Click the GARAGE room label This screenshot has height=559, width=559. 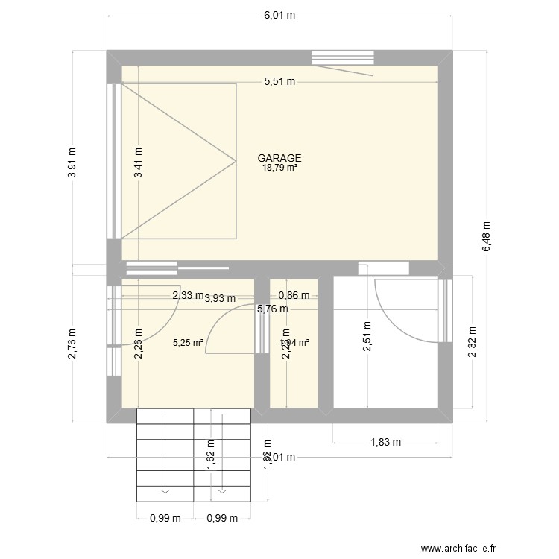click(x=279, y=158)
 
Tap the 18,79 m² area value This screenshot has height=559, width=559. click(x=279, y=168)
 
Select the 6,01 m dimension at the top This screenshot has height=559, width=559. click(x=279, y=14)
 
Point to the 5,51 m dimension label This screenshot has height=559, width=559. click(x=279, y=83)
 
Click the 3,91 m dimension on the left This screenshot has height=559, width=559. click(x=72, y=160)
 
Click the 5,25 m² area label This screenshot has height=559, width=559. click(x=188, y=344)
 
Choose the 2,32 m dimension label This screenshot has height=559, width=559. click(x=473, y=341)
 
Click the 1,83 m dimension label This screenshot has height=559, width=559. click(x=385, y=442)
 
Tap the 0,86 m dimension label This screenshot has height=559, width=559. click(x=294, y=295)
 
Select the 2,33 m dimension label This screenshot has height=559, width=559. click(x=187, y=295)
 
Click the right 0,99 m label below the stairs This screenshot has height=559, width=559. click(x=222, y=518)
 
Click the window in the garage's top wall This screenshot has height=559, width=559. click(x=342, y=57)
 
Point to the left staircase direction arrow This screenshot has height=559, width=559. click(x=165, y=490)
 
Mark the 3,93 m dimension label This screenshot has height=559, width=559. click(x=220, y=298)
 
